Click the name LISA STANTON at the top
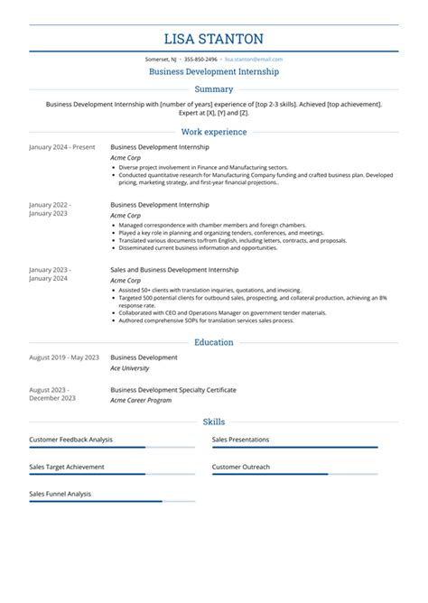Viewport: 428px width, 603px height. (x=214, y=39)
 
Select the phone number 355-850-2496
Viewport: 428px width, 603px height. (x=200, y=58)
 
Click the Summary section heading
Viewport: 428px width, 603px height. (x=214, y=89)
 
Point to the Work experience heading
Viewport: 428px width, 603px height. (x=214, y=132)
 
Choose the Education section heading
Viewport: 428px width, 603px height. (x=214, y=342)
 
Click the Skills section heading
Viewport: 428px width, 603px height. (x=214, y=422)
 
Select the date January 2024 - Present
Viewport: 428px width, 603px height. (x=61, y=146)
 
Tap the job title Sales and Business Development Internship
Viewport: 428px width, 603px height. (x=174, y=269)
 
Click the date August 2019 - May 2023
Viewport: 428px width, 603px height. (x=64, y=357)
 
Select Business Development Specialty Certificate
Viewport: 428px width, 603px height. (x=173, y=390)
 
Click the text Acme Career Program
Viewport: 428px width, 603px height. (x=141, y=400)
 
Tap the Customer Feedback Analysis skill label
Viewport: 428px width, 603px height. (x=70, y=440)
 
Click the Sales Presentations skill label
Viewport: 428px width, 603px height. (x=240, y=440)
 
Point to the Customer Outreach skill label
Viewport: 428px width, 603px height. (x=241, y=467)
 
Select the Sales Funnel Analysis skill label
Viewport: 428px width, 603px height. (x=60, y=494)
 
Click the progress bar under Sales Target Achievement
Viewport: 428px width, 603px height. (x=112, y=474)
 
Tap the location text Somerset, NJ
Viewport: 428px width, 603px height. (x=162, y=58)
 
